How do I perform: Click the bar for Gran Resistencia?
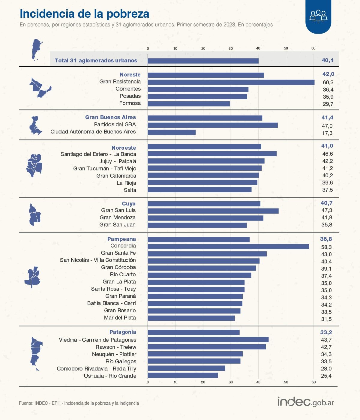[x=231, y=82]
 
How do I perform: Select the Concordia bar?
[x=228, y=247]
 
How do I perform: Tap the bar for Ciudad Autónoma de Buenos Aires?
[x=172, y=132]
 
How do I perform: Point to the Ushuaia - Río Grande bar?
[x=183, y=375]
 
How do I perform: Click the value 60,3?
[x=328, y=82]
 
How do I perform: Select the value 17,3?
[x=327, y=133]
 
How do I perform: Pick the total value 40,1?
[x=327, y=60]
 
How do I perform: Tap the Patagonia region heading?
[x=122, y=332]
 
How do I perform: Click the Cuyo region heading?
[x=128, y=204]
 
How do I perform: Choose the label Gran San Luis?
[x=118, y=210]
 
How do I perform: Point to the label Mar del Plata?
[x=120, y=318]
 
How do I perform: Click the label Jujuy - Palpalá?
[x=118, y=161]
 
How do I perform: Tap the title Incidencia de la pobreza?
[x=84, y=14]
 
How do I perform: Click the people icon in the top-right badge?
[x=318, y=16]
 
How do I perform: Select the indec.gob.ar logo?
[x=305, y=402]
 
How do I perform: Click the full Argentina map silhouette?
[x=37, y=50]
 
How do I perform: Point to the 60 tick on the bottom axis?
[x=313, y=382]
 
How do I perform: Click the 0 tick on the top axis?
[x=148, y=48]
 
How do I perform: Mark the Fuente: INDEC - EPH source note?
[x=79, y=403]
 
